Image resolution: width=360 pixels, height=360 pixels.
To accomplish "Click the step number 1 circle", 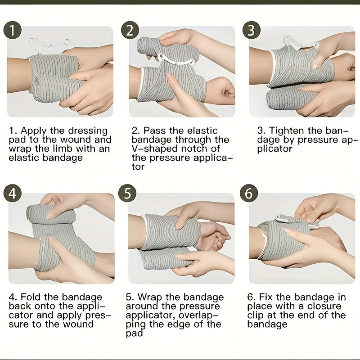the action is point(13,30).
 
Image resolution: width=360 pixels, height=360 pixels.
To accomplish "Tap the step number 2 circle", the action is point(130,30).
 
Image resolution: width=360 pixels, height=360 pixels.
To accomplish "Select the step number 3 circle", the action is point(252,30).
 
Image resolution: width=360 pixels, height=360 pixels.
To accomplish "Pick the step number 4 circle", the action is point(13,193).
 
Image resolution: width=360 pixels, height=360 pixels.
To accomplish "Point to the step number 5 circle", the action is point(127,193).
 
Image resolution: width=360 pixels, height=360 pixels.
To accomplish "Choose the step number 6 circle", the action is point(249,193).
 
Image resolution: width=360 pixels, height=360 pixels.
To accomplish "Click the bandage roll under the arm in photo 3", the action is point(290,98).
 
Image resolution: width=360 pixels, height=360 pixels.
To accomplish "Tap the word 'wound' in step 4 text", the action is point(78,324).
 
